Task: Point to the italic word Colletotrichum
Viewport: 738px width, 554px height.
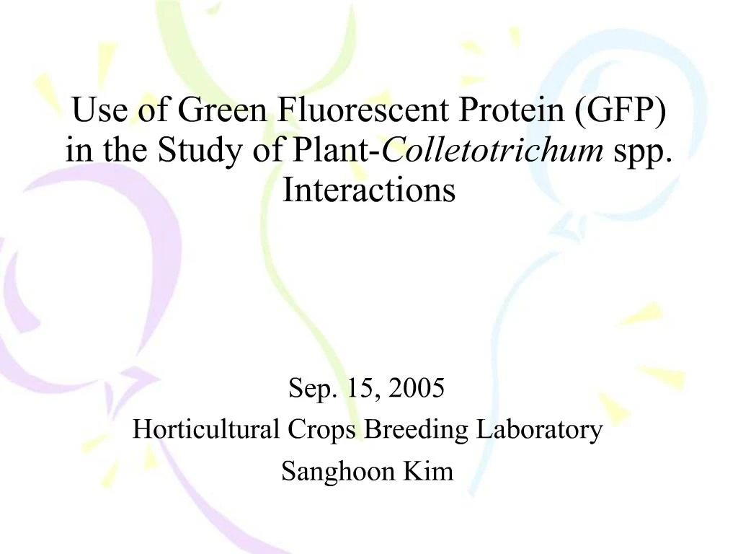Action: tap(494, 151)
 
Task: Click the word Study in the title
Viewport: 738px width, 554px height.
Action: tap(191, 151)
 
